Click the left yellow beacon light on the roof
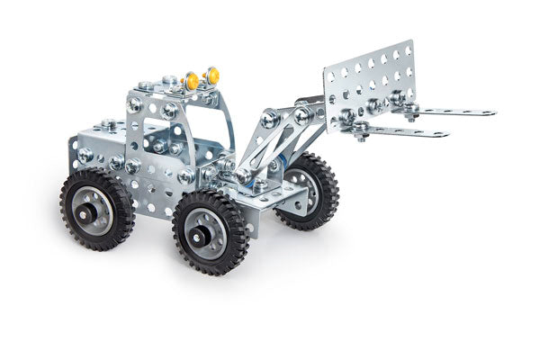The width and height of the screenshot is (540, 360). (192, 81)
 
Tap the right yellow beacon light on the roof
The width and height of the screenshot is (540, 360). (213, 75)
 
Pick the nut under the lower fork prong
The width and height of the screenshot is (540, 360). (360, 137)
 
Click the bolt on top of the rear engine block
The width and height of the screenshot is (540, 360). (107, 124)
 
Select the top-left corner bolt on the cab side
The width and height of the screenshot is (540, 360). (135, 103)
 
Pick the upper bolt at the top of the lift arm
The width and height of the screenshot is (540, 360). (269, 117)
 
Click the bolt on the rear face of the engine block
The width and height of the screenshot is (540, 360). (85, 154)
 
